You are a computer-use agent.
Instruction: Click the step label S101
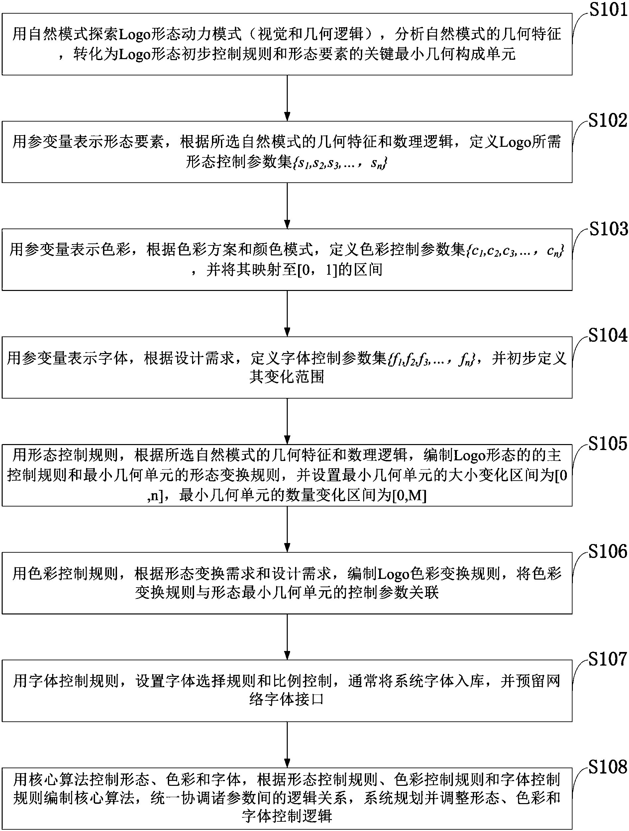click(608, 10)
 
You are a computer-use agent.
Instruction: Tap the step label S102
click(607, 121)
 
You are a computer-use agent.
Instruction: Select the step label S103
click(608, 229)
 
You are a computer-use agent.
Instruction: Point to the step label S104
click(607, 335)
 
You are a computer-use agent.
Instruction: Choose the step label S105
click(607, 444)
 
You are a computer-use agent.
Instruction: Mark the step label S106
click(607, 551)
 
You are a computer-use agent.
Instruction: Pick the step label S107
click(607, 659)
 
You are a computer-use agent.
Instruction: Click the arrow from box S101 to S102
click(287, 98)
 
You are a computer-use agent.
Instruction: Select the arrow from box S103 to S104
click(287, 313)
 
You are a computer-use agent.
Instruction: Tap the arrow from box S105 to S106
click(287, 529)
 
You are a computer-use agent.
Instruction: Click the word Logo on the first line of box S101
click(135, 35)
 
